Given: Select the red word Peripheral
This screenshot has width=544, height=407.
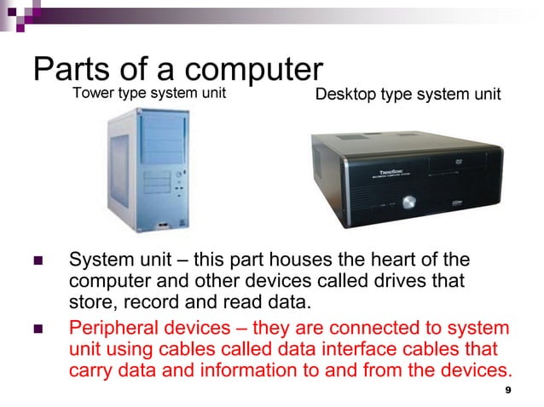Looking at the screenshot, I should [x=112, y=328].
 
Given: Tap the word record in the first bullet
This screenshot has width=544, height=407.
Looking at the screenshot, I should [x=144, y=301].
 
